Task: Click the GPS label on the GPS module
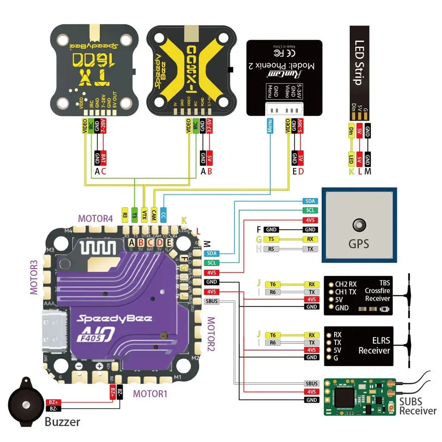pyautogui.click(x=358, y=244)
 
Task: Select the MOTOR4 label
pyautogui.click(x=95, y=218)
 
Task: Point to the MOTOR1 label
pyautogui.click(x=150, y=393)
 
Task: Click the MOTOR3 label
pyautogui.click(x=34, y=277)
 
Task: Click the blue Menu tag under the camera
pyautogui.click(x=270, y=126)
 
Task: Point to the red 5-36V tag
pyautogui.click(x=300, y=126)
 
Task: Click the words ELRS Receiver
pyautogui.click(x=374, y=346)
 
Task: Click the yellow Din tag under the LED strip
pyautogui.click(x=351, y=131)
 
